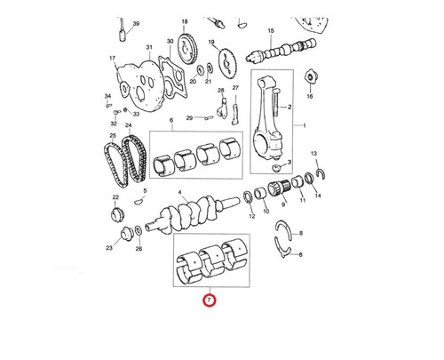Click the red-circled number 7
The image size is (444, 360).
click(x=210, y=300)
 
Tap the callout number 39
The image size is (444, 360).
click(x=136, y=24)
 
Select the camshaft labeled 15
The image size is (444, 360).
click(x=281, y=50)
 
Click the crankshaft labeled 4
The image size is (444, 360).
click(x=192, y=214)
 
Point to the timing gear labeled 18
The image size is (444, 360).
click(x=187, y=49)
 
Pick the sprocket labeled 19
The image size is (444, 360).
click(x=227, y=64)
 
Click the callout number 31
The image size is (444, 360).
click(x=149, y=47)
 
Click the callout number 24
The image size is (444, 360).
click(x=128, y=125)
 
